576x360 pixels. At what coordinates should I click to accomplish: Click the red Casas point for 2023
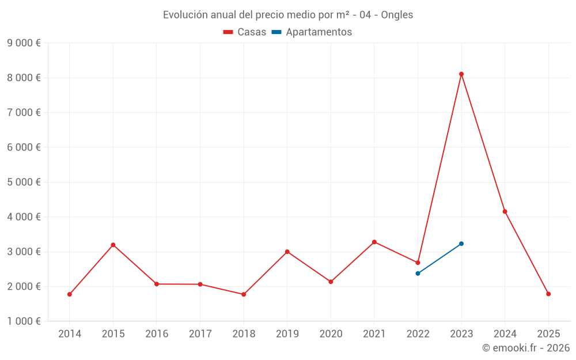point(461,74)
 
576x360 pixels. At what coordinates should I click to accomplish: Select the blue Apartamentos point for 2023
point(461,244)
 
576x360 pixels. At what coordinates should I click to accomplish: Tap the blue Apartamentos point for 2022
point(418,273)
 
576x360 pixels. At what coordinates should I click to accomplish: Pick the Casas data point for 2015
point(113,245)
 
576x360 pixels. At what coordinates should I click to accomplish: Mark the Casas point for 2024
point(505,211)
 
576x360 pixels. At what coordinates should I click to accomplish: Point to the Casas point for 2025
point(548,294)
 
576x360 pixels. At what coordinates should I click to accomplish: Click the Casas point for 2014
point(70,294)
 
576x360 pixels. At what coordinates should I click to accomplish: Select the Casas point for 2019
point(287,252)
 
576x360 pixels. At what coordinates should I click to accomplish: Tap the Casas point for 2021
point(374,242)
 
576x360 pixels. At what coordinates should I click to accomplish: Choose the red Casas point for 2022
point(418,263)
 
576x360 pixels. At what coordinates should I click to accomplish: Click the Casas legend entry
point(245,32)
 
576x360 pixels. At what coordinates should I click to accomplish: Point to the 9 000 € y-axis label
point(24,43)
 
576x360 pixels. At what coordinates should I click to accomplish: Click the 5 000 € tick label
point(24,182)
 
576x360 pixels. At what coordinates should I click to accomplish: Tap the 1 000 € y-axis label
point(24,321)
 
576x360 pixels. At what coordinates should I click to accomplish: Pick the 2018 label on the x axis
point(244,334)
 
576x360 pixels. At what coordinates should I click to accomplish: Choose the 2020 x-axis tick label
point(331,334)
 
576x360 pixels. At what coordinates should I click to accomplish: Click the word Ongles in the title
point(397,15)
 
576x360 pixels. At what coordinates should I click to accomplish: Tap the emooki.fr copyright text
point(526,348)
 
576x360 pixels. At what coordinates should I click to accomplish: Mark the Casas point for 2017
point(200,284)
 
